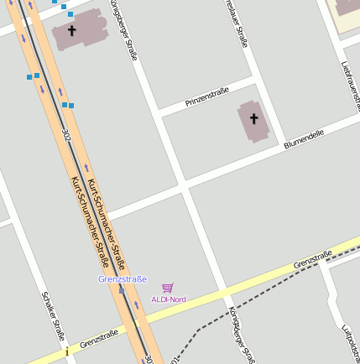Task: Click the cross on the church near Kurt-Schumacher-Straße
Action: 72,30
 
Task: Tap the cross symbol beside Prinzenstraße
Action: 254,119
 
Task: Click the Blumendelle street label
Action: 305,138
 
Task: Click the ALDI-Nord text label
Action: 168,299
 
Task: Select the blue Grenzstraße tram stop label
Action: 123,278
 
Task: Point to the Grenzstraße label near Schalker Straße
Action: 99,338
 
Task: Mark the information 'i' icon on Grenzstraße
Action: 67,352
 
